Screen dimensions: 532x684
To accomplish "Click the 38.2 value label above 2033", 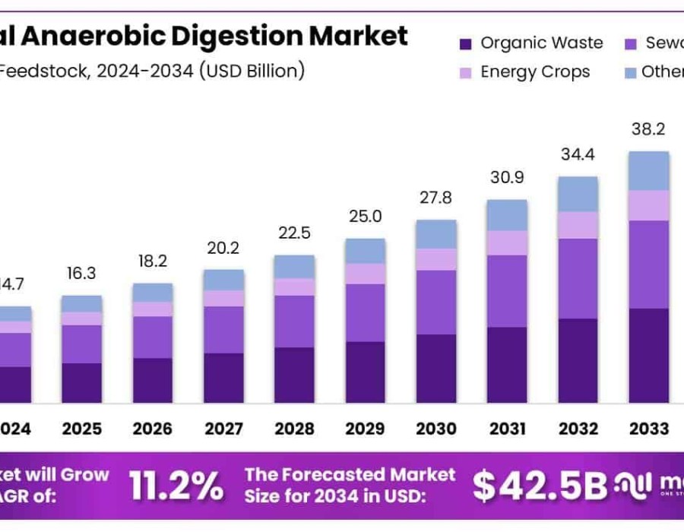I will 648,130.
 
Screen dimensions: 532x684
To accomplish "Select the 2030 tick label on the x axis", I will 435,429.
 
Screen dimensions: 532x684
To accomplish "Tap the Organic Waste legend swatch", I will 467,44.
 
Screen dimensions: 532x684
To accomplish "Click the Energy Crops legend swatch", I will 467,73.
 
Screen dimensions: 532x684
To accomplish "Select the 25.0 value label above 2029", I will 365,217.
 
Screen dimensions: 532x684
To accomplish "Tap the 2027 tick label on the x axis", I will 223,429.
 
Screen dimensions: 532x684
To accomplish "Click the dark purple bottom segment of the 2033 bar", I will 648,355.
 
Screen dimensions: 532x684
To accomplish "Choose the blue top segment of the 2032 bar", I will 578,194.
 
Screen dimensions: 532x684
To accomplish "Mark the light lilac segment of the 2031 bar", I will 507,242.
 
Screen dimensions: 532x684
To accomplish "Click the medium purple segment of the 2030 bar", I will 435,302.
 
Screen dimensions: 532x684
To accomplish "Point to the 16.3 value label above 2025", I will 81,274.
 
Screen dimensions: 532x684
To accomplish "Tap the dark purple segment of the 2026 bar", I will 153,380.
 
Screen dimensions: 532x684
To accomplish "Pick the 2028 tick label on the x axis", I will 294,429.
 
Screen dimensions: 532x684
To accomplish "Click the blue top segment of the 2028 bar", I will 294,266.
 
